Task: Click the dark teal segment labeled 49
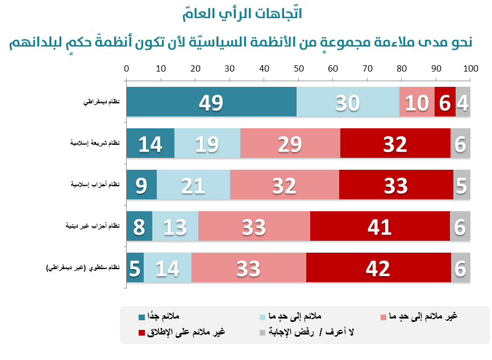(x=211, y=102)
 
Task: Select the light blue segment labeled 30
(x=348, y=102)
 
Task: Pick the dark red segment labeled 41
(x=380, y=227)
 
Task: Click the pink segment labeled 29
(x=290, y=144)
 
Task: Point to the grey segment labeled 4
(x=463, y=102)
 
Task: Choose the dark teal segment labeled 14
(x=150, y=144)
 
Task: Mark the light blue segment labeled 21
(x=193, y=185)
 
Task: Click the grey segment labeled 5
(x=462, y=185)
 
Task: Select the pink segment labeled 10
(x=416, y=102)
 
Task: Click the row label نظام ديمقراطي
(x=102, y=102)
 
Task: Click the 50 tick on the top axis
(x=298, y=69)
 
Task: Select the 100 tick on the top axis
(x=470, y=69)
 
